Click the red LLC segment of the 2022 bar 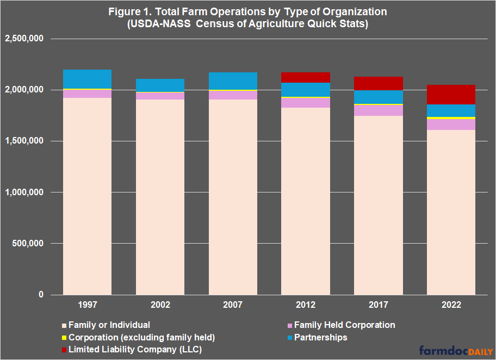pos(451,94)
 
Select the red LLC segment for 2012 pos(306,77)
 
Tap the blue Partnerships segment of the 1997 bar pos(88,79)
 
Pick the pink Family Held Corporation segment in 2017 pos(379,110)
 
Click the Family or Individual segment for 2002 pos(160,196)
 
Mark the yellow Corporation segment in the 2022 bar pos(451,117)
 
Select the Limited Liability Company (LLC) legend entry pos(135,350)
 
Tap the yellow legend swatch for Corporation pos(65,338)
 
